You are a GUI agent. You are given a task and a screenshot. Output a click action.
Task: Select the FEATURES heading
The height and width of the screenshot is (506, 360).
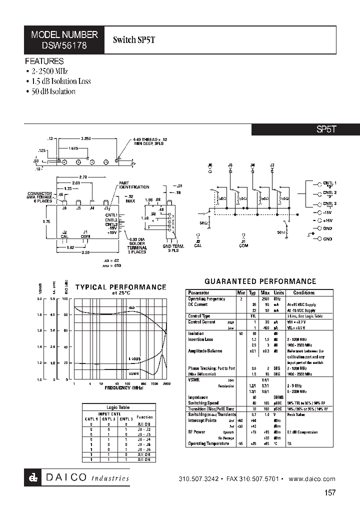(x=45, y=61)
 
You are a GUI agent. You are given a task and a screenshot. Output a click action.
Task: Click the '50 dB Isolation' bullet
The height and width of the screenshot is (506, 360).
(x=51, y=91)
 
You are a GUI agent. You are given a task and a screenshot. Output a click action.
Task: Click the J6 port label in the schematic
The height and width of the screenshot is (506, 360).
(x=209, y=164)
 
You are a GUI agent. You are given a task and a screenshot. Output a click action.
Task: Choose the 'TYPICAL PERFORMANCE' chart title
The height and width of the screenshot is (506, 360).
(x=120, y=287)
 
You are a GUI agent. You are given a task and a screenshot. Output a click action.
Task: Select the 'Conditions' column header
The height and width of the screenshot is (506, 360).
(x=304, y=292)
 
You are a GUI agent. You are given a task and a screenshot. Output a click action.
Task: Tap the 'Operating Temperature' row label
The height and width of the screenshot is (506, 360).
(x=207, y=443)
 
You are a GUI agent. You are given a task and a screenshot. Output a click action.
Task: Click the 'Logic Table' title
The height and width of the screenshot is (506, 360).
(x=117, y=407)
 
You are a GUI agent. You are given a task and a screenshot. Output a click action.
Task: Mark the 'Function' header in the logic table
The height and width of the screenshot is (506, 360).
(x=144, y=417)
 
